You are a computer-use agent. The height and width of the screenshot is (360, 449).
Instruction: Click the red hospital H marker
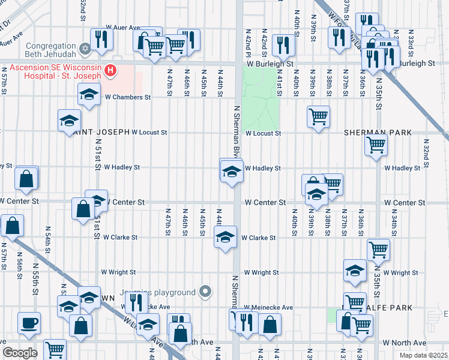(x=110, y=71)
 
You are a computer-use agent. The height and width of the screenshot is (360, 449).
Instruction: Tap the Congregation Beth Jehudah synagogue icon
(x=85, y=47)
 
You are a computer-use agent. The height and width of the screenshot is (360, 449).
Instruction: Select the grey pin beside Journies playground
(x=206, y=292)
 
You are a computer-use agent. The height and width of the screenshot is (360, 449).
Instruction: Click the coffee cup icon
(x=29, y=323)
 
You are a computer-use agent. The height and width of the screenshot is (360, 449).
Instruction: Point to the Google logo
(x=20, y=353)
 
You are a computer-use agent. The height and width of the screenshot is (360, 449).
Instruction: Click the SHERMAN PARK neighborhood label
(x=378, y=132)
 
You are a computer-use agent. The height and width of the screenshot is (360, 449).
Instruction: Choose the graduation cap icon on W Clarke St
(x=225, y=238)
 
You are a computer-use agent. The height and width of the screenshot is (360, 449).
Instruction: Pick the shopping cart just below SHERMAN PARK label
(x=376, y=144)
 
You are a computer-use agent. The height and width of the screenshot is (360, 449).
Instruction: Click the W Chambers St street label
(x=127, y=97)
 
